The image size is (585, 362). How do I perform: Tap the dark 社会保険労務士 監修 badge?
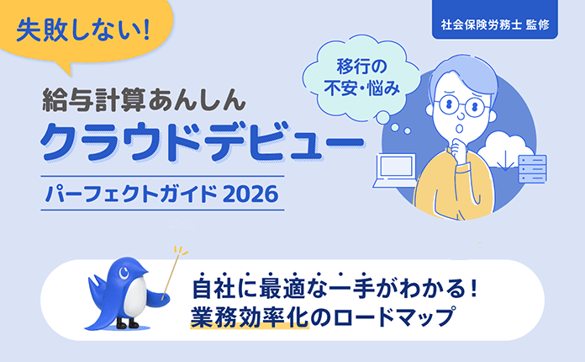click(x=494, y=24)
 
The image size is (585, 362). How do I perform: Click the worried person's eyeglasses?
click(x=460, y=108)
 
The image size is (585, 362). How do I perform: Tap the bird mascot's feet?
click(x=126, y=323)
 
